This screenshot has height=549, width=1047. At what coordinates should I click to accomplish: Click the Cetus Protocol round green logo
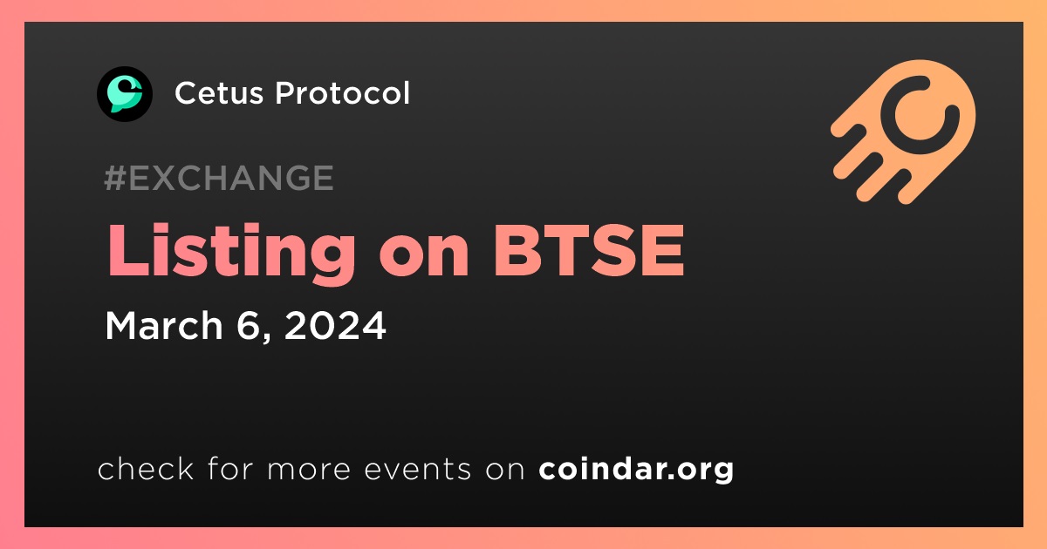124,94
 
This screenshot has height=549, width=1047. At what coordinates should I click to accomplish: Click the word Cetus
219,93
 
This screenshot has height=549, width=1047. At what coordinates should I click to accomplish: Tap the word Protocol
342,92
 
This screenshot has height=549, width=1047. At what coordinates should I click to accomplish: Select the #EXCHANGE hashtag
219,178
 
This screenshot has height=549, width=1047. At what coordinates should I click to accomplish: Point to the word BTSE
589,251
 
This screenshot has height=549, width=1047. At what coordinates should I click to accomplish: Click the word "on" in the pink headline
424,259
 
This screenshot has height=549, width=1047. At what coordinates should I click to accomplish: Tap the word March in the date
164,325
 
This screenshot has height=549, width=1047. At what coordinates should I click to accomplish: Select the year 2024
335,325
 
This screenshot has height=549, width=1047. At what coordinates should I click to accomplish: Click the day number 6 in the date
248,325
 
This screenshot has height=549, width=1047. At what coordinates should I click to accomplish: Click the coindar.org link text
636,470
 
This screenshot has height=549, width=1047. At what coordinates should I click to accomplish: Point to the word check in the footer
146,468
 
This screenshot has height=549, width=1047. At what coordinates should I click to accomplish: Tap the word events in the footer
417,469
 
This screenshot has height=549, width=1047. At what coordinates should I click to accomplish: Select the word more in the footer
309,470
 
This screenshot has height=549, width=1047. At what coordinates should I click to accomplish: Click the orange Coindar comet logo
903,132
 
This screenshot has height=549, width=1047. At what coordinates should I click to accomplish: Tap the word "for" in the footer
230,468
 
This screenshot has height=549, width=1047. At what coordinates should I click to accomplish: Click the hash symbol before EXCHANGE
114,178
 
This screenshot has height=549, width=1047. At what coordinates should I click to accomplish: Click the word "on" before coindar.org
505,470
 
